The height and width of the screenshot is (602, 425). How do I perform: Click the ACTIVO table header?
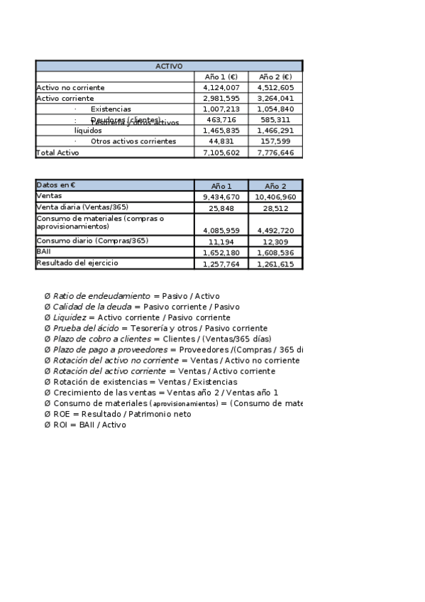click(169, 66)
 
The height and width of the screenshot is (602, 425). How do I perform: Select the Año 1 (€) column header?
click(221, 77)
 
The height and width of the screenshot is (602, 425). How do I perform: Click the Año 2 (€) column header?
click(275, 77)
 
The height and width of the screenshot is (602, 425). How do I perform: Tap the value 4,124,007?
click(221, 87)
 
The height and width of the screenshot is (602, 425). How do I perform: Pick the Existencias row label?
click(111, 109)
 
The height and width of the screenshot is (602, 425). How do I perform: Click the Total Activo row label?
click(57, 153)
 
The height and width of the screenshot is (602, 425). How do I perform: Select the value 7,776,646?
click(276, 153)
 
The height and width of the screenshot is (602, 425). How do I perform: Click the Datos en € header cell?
click(56, 185)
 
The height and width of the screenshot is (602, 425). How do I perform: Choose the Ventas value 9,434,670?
click(221, 197)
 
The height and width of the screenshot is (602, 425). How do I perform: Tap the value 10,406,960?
click(275, 197)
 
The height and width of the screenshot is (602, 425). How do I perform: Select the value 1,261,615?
click(276, 264)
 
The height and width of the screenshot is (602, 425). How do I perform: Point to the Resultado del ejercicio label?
click(77, 263)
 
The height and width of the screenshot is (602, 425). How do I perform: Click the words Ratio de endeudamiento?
click(102, 295)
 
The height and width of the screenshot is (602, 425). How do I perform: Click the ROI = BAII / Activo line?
click(89, 425)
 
